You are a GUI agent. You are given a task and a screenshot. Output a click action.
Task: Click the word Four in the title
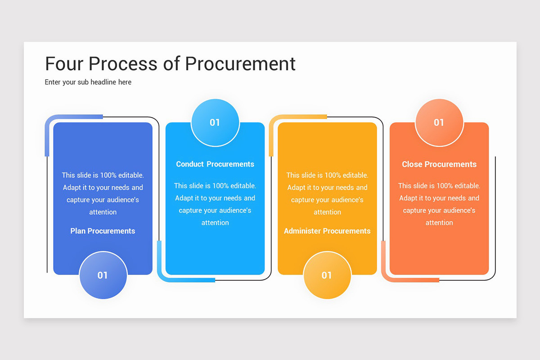pos(64,63)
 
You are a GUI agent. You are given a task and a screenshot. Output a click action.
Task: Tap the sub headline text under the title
pos(88,82)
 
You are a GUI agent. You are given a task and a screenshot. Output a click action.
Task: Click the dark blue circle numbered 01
pos(103,275)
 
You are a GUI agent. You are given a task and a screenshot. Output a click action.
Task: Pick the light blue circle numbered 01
pos(215,122)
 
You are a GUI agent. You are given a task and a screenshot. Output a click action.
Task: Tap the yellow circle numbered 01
pos(327,275)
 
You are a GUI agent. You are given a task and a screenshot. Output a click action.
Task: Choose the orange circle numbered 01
pos(439,122)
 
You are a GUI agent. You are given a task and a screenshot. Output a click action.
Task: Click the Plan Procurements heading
pos(103,231)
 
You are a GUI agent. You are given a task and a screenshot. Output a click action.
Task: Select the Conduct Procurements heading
pos(215,164)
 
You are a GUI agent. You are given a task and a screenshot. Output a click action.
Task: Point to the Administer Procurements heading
pos(327,231)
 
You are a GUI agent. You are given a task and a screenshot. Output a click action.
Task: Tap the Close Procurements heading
pos(439,164)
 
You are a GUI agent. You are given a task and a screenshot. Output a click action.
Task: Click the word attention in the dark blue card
pos(103,212)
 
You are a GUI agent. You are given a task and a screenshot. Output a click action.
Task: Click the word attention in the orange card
pos(439,223)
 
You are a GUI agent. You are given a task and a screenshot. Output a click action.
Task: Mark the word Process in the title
pos(122,63)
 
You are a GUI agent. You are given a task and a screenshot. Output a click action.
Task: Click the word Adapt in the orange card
pos(408,198)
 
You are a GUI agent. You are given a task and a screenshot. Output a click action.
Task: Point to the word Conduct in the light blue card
pos(190,164)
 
